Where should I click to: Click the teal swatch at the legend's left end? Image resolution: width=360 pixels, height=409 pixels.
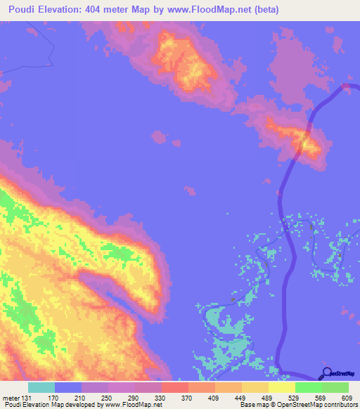click(41, 387)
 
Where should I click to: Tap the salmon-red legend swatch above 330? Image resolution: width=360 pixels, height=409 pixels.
click(174, 387)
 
